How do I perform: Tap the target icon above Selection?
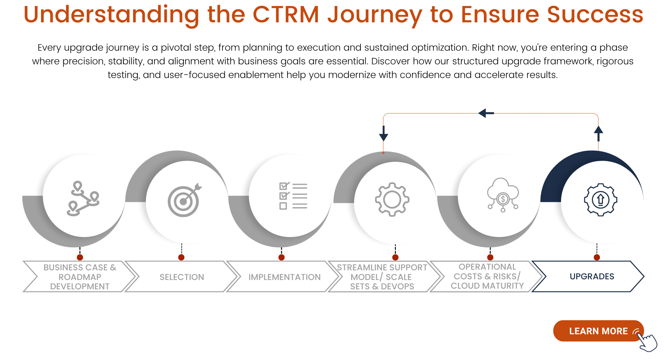(x=184, y=200)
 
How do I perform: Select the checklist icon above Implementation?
(x=293, y=196)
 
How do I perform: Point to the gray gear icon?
(x=392, y=200)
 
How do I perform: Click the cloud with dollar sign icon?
(x=503, y=195)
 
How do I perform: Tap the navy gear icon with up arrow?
(x=601, y=200)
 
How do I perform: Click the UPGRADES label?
(x=592, y=276)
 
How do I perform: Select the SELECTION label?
(x=182, y=277)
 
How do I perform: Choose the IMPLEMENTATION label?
(x=284, y=277)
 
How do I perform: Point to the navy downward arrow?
(x=384, y=134)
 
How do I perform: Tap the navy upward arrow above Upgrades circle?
(x=598, y=133)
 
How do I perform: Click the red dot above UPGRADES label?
(x=597, y=257)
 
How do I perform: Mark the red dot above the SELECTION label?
(x=181, y=257)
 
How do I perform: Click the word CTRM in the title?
(x=286, y=15)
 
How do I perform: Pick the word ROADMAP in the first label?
(x=80, y=277)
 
